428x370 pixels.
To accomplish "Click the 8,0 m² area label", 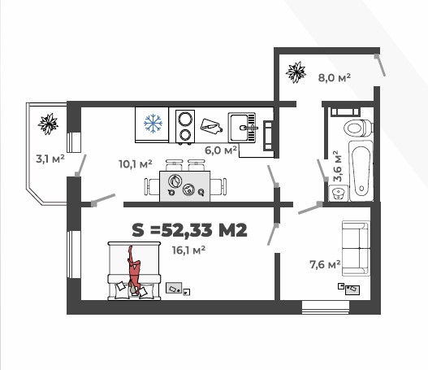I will (x=334, y=77).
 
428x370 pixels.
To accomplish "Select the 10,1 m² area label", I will (x=136, y=163).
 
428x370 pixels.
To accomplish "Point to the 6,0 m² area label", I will (x=220, y=150).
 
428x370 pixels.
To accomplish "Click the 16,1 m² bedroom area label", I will (x=188, y=250).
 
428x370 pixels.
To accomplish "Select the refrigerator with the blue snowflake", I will (x=152, y=124).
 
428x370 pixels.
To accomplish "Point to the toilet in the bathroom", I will (x=357, y=127).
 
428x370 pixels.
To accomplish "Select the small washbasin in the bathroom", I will (x=339, y=193).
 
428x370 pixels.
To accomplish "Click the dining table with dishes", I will (x=184, y=185).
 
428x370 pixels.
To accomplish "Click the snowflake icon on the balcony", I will (x=49, y=124).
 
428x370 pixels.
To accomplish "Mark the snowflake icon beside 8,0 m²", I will (x=296, y=73).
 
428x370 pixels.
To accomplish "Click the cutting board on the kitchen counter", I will (x=211, y=125).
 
